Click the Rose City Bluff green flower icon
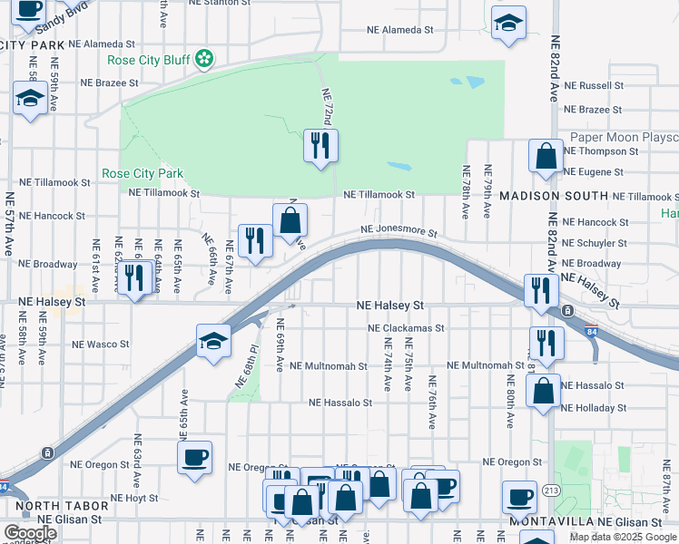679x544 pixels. click(205, 60)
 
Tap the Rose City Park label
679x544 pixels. click(143, 174)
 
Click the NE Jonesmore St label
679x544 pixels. click(400, 232)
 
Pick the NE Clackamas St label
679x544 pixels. click(406, 328)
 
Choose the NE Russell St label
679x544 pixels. click(594, 86)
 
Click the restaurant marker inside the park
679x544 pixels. click(320, 147)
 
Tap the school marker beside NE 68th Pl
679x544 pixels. click(213, 342)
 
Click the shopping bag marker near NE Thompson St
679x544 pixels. click(546, 156)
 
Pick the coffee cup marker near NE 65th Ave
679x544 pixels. click(195, 458)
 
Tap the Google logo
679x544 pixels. click(30, 533)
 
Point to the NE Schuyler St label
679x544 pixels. click(595, 243)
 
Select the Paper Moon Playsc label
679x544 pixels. click(624, 138)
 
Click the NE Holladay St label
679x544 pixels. click(594, 405)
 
